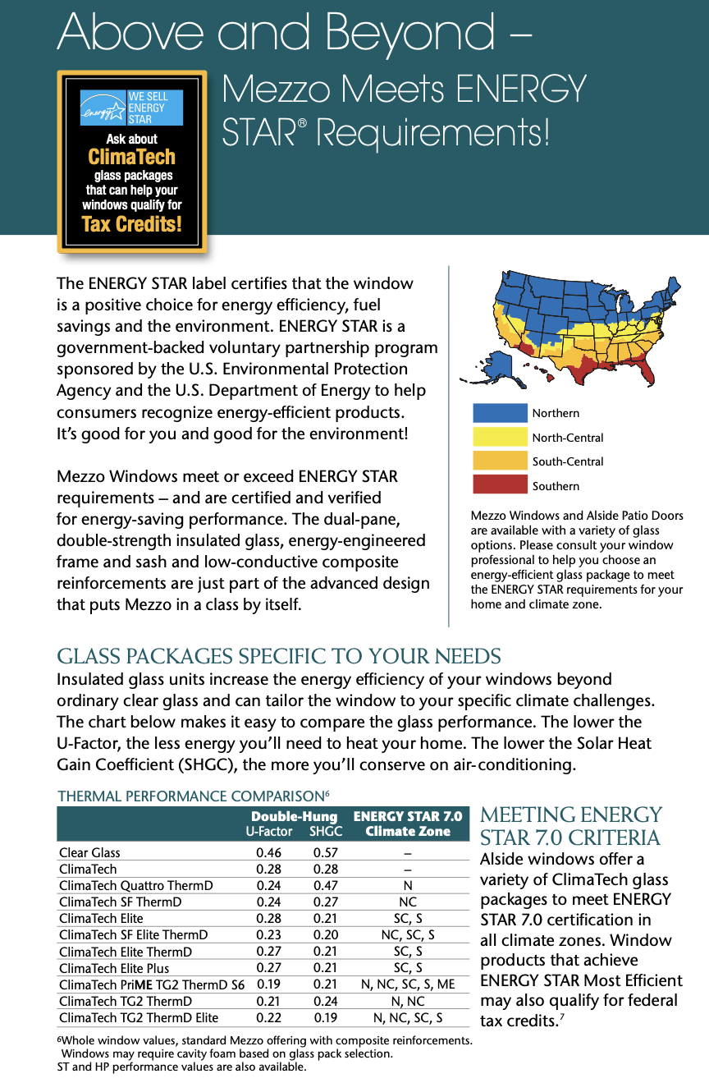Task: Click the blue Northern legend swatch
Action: (x=500, y=413)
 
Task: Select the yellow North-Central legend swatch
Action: (x=500, y=437)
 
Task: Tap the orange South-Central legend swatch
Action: (x=500, y=461)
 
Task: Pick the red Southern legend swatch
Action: (x=500, y=484)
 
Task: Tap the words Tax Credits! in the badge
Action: (x=131, y=224)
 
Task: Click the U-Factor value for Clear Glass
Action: (x=268, y=853)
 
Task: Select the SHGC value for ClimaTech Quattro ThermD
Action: (x=327, y=886)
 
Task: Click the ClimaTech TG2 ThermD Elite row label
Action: (x=139, y=1018)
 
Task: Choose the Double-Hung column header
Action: (x=294, y=817)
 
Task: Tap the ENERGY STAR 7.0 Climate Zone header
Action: (x=408, y=824)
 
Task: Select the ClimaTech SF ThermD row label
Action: (x=120, y=902)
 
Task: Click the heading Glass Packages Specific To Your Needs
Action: (x=278, y=657)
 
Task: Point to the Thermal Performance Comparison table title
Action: (x=193, y=796)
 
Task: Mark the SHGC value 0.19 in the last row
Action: (x=327, y=1018)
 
